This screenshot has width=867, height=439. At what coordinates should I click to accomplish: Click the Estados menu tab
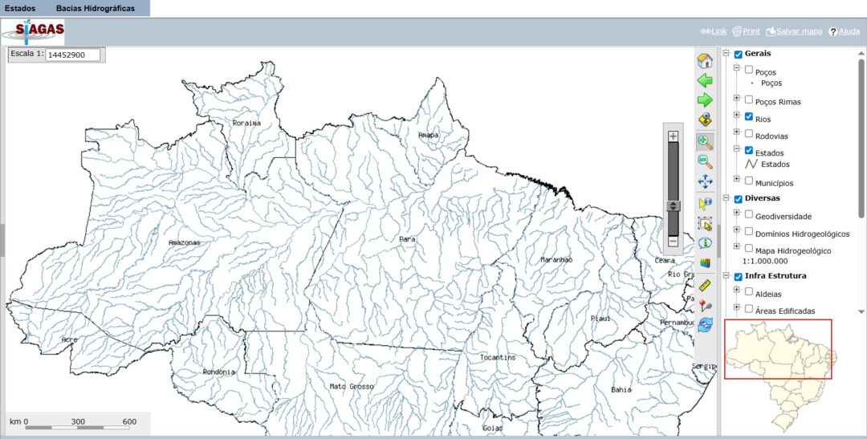[x=20, y=8]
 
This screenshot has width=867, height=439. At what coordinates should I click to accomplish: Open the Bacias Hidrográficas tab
[x=95, y=8]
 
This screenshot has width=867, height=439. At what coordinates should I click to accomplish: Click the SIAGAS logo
[x=34, y=32]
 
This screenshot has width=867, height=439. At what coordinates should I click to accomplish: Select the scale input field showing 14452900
[x=72, y=55]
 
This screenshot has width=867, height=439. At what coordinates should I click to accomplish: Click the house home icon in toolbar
[x=705, y=61]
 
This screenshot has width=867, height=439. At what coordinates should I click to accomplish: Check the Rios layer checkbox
[x=749, y=117]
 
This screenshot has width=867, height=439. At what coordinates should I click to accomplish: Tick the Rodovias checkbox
[x=749, y=134]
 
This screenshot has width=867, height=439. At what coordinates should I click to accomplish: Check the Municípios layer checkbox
[x=749, y=181]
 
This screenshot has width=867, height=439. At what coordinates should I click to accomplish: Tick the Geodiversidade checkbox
[x=749, y=214]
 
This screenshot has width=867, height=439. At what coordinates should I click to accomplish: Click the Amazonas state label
[x=184, y=242]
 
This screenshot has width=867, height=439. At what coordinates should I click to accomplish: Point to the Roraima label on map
[x=246, y=123]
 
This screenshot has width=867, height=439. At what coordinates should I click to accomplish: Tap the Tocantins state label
[x=498, y=357]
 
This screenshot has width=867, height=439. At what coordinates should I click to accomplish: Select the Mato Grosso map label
[x=352, y=386]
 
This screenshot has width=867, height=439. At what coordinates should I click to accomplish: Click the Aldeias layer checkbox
[x=749, y=292]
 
